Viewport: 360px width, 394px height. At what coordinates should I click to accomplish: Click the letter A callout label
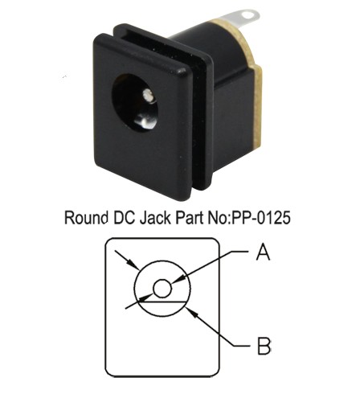pos(263,252)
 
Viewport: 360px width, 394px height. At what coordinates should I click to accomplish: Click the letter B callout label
pos(264,346)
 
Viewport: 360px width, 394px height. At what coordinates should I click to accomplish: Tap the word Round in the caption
pos(86,217)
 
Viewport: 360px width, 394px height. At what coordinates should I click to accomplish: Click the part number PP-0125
pos(261,217)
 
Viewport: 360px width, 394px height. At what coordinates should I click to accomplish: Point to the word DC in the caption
pos(124,217)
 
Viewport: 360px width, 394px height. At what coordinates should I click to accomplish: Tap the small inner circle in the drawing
pos(162,289)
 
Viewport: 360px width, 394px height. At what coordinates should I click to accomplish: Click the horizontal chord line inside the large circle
pos(162,302)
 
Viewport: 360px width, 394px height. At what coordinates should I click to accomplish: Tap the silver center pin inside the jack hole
pos(147,95)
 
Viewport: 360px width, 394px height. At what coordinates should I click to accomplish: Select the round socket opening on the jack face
pos(135,103)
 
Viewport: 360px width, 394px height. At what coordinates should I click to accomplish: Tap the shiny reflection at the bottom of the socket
pos(145,121)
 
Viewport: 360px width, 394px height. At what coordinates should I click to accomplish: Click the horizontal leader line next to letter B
pos(242,346)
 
